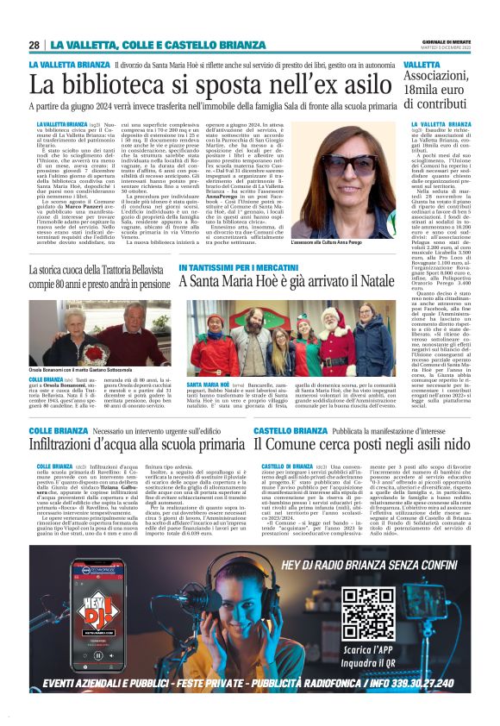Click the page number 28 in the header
point(34,45)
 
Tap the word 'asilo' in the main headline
point(364,84)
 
